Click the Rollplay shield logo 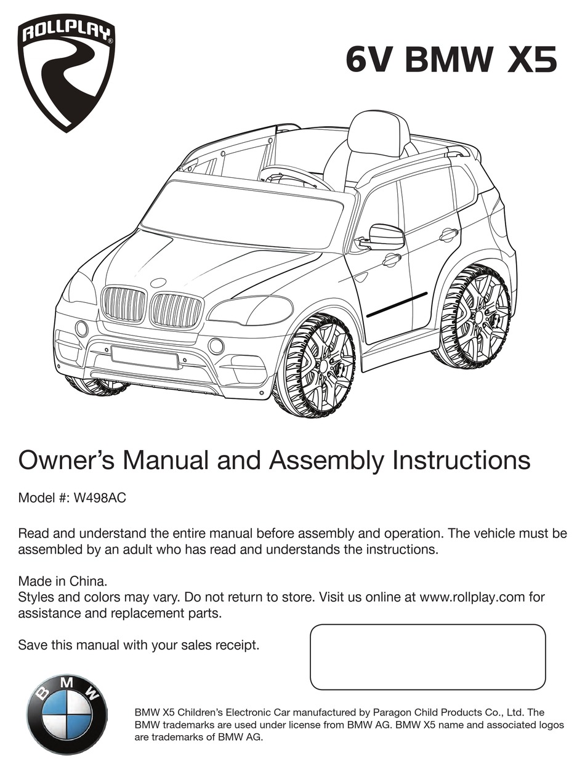point(66,73)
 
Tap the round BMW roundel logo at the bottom point(67,714)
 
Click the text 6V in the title point(368,60)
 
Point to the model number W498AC point(99,498)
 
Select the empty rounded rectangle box point(427,656)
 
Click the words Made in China point(63,581)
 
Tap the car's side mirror point(384,237)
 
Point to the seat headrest point(379,132)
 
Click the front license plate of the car point(145,356)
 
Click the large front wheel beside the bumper point(315,366)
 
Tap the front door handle point(392,260)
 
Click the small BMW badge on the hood point(158,283)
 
